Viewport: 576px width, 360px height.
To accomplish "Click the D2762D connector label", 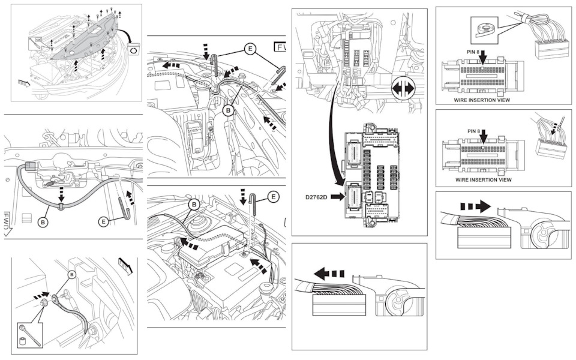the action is pos(316,197).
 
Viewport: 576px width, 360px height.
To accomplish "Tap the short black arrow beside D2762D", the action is pos(338,197).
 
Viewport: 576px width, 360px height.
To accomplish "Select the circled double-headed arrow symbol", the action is pos(403,89).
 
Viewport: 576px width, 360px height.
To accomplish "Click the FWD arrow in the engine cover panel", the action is pos(24,83).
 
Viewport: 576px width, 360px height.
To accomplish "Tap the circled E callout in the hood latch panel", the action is pos(104,221).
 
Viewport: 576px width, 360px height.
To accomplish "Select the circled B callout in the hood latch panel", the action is pos(43,222).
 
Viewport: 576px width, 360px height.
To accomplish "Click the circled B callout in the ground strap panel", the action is pos(71,274).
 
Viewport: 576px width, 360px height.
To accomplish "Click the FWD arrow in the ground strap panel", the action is pos(125,266).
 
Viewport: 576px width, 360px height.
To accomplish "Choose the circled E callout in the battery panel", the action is pos(274,197).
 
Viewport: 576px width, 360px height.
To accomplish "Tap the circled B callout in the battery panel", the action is pos(194,204).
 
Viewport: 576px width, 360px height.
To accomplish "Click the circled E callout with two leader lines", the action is pos(250,49).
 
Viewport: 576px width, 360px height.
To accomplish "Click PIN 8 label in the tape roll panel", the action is pos(473,52).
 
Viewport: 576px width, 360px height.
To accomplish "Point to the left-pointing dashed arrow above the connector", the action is pos(329,274).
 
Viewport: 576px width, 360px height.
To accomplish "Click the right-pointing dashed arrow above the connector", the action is pos(475,206).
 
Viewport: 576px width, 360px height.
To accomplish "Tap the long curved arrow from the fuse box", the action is pos(332,136).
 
